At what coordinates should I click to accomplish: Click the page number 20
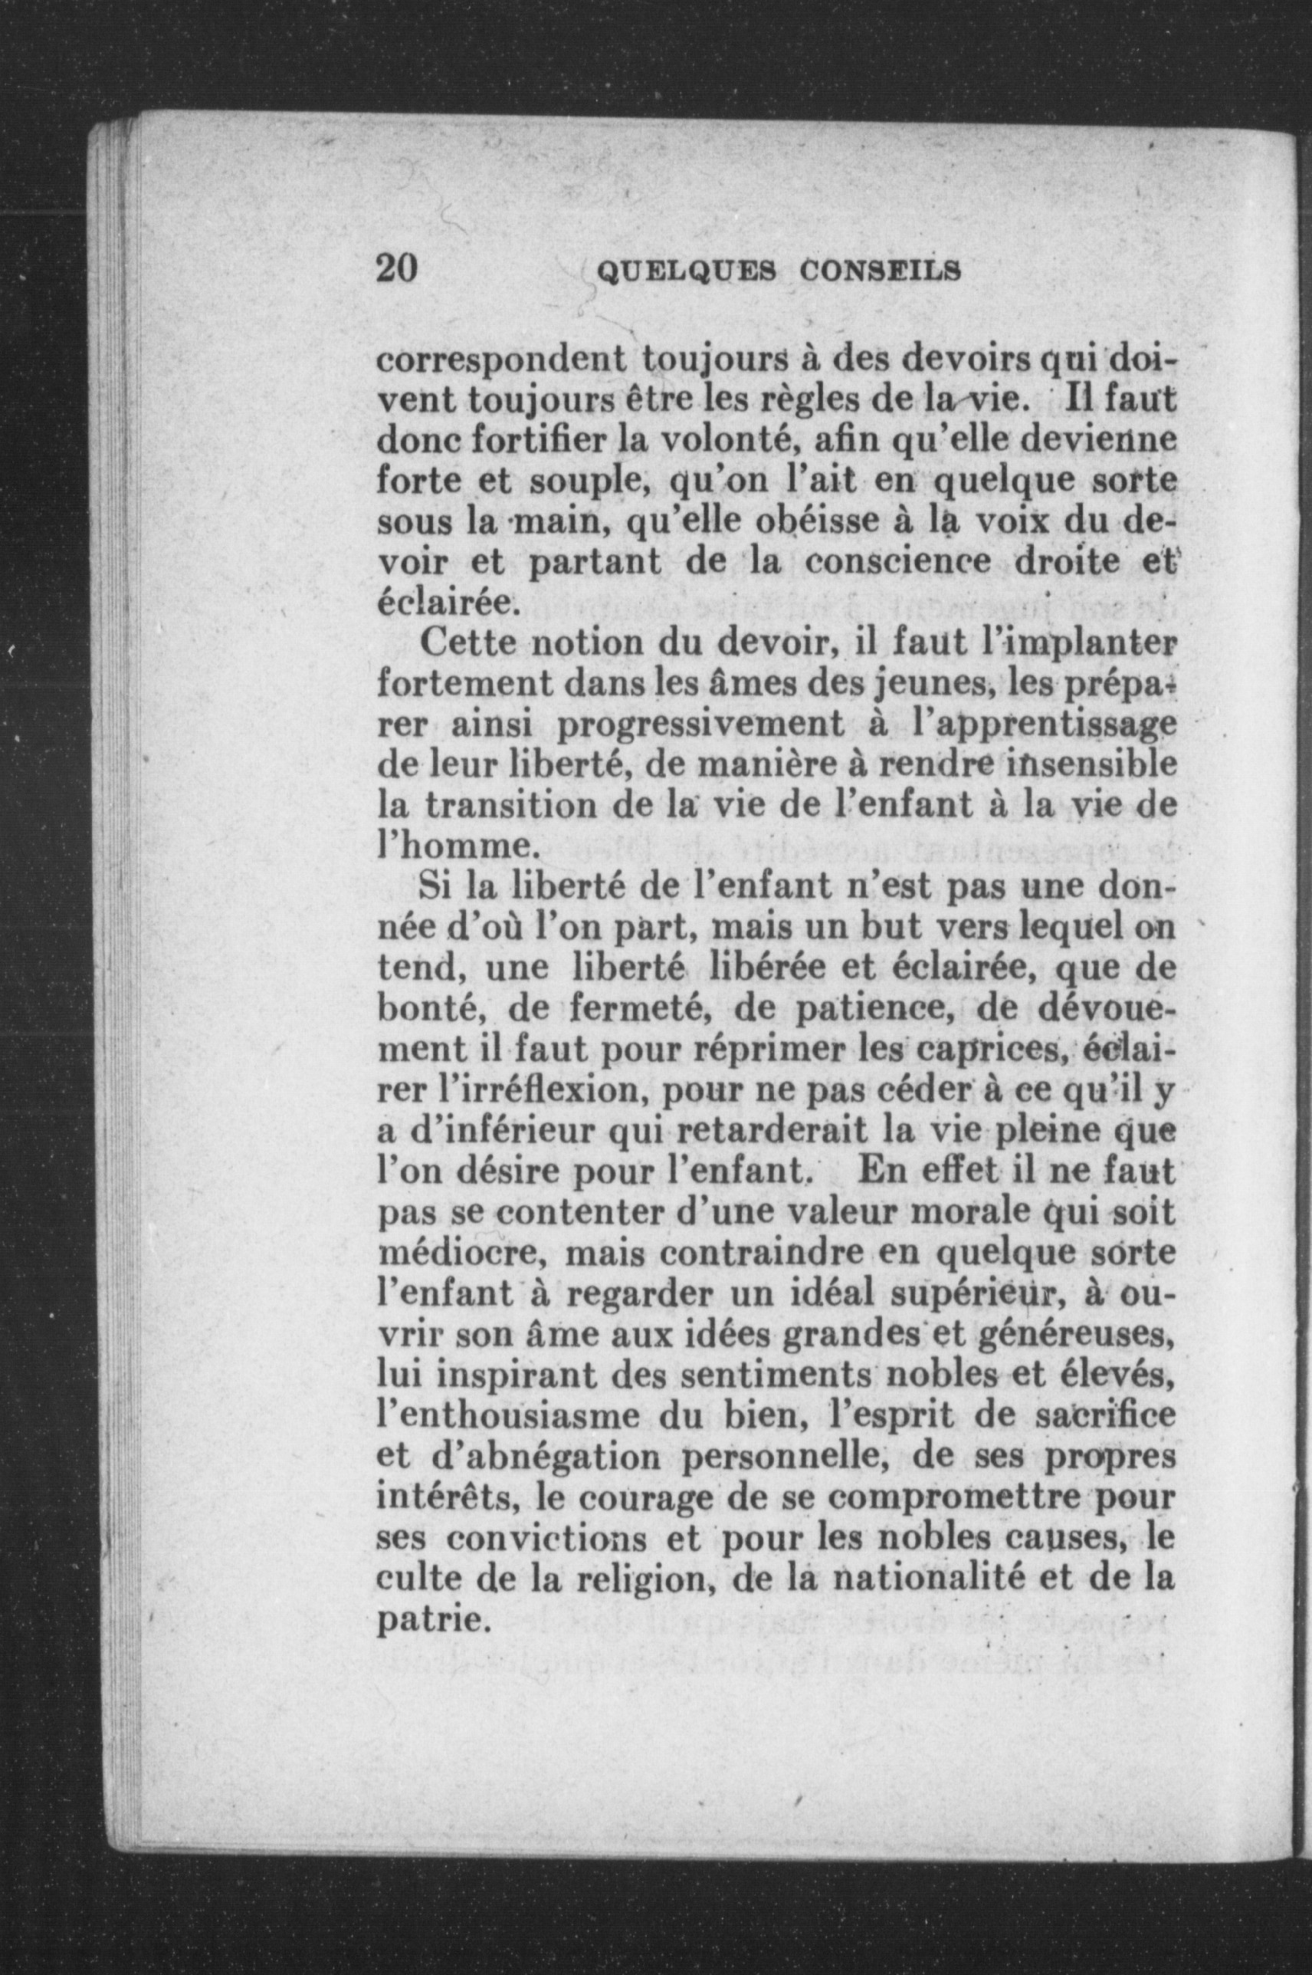tap(397, 269)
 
